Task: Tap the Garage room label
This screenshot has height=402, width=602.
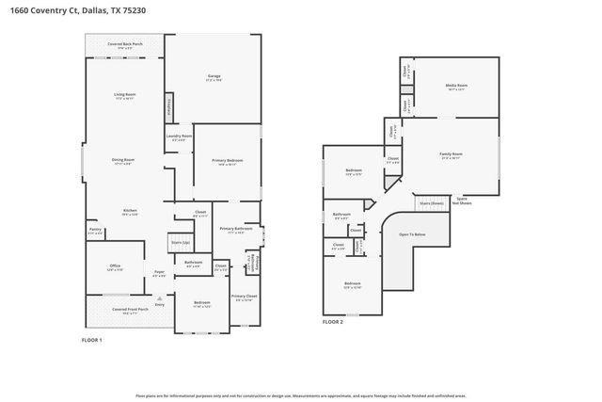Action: pyautogui.click(x=214, y=77)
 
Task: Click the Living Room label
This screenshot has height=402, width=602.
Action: pyautogui.click(x=125, y=95)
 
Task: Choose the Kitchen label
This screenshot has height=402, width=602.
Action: pyautogui.click(x=130, y=211)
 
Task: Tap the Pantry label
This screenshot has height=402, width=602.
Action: pyautogui.click(x=95, y=230)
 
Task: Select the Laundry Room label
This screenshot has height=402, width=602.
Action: pyautogui.click(x=179, y=137)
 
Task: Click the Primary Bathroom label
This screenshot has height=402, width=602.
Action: pyautogui.click(x=236, y=230)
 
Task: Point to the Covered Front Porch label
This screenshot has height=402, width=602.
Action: pyautogui.click(x=125, y=310)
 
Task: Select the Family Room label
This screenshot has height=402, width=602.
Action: pyautogui.click(x=451, y=155)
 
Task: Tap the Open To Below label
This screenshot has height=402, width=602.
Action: pyautogui.click(x=412, y=234)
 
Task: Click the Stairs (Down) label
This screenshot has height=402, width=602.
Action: pyautogui.click(x=431, y=202)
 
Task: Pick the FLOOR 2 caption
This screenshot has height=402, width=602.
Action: pyautogui.click(x=333, y=322)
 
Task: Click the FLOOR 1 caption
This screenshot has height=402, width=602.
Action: pyautogui.click(x=92, y=339)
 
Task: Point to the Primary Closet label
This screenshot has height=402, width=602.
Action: pyautogui.click(x=243, y=297)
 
